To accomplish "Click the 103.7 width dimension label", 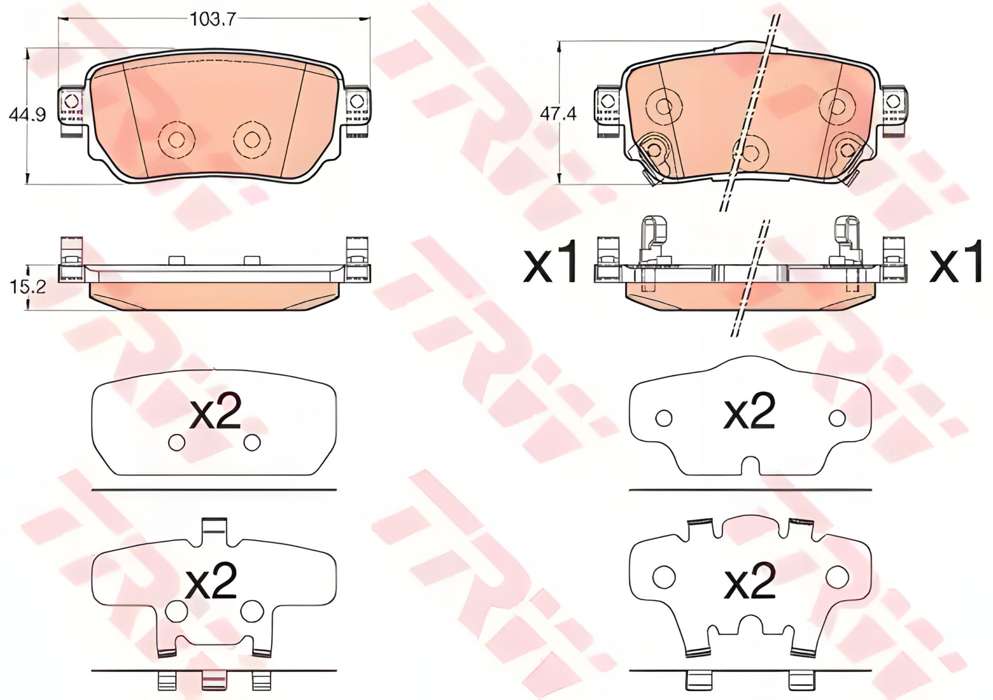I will click(213, 20).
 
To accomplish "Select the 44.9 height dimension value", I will click(27, 114).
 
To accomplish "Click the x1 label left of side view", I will click(550, 265).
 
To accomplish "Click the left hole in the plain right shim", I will click(664, 418).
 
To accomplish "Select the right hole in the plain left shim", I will click(252, 443).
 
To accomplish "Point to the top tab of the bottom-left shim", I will click(214, 528).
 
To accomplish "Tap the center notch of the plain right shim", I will click(750, 465).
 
